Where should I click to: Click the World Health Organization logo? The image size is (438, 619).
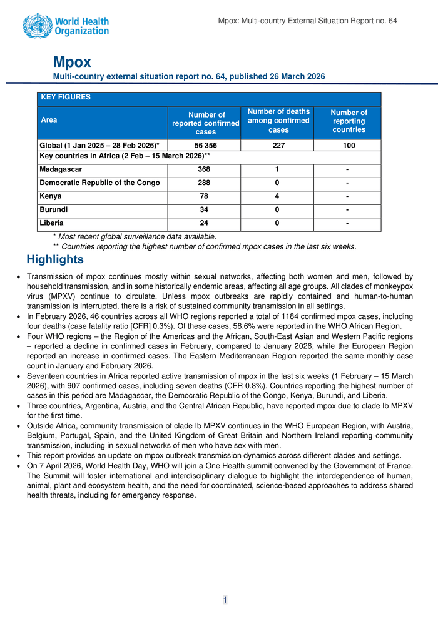coord(66,26)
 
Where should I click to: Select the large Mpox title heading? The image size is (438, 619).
coord(72,62)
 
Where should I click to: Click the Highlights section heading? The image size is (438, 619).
coord(55,259)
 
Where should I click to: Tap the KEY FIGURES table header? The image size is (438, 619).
coord(66,98)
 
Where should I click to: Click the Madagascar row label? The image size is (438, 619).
coord(61,169)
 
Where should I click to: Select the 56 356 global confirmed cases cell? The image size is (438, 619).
coord(205,146)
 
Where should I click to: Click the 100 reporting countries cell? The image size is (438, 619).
coord(349,146)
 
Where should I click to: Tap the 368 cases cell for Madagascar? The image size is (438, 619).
coord(205,169)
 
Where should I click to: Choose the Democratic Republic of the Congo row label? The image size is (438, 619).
coord(99,183)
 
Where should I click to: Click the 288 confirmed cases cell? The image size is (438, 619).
coord(205,183)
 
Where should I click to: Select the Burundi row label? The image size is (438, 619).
coord(54,209)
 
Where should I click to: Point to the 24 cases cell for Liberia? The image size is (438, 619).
coord(205,223)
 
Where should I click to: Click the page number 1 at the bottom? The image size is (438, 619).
coord(225,600)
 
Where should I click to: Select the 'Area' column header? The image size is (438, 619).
coord(49,119)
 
